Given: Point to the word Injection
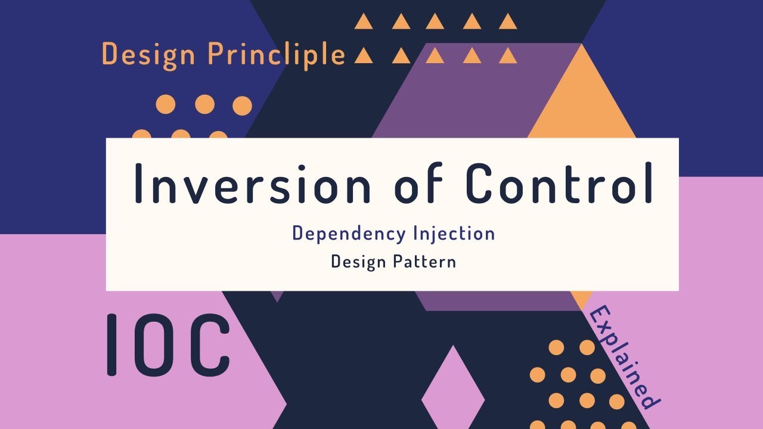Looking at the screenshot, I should tap(454, 234).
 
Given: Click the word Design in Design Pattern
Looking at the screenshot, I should tap(358, 262).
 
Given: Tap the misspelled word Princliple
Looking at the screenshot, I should tap(277, 54).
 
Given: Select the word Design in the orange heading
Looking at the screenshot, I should tap(148, 54).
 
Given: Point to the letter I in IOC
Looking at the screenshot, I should tap(111, 345).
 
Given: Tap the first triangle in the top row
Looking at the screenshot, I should tap(364, 23).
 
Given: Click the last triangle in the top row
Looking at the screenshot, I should tap(508, 23).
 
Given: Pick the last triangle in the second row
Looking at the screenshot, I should tap(508, 56).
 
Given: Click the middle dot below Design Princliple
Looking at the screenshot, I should tap(204, 105).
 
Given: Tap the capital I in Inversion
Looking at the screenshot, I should tap(138, 183).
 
